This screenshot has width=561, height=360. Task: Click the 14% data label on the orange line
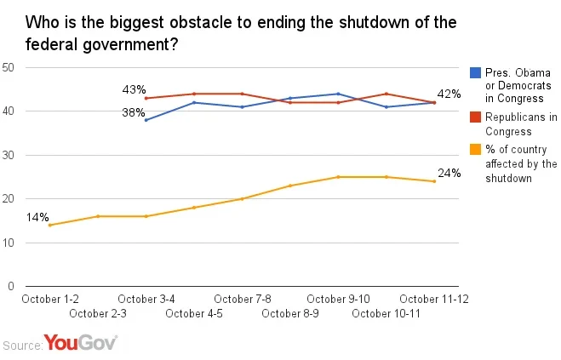(37, 217)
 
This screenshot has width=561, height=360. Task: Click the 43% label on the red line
(134, 89)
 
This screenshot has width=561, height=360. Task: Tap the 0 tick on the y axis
(12, 287)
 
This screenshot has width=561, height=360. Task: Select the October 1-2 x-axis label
(49, 299)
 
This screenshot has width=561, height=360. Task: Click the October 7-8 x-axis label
(243, 299)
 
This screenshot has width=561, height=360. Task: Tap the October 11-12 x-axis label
(435, 299)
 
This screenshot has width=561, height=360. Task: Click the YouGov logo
(80, 343)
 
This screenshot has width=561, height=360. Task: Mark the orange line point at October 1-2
(49, 226)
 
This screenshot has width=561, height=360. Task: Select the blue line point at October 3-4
(146, 120)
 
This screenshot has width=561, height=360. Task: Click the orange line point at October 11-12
(435, 181)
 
